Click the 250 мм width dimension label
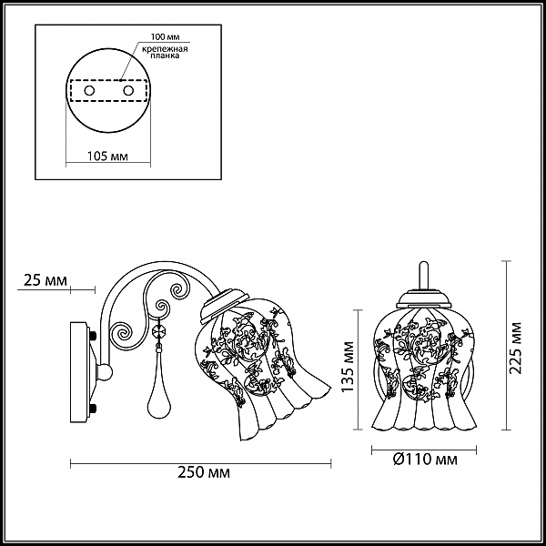204,473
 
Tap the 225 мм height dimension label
516,349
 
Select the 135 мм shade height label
348,367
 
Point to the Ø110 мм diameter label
425,460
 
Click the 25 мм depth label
45,280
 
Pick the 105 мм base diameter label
107,157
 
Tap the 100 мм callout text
165,36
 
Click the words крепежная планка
165,52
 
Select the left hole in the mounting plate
89,91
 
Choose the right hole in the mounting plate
128,91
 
